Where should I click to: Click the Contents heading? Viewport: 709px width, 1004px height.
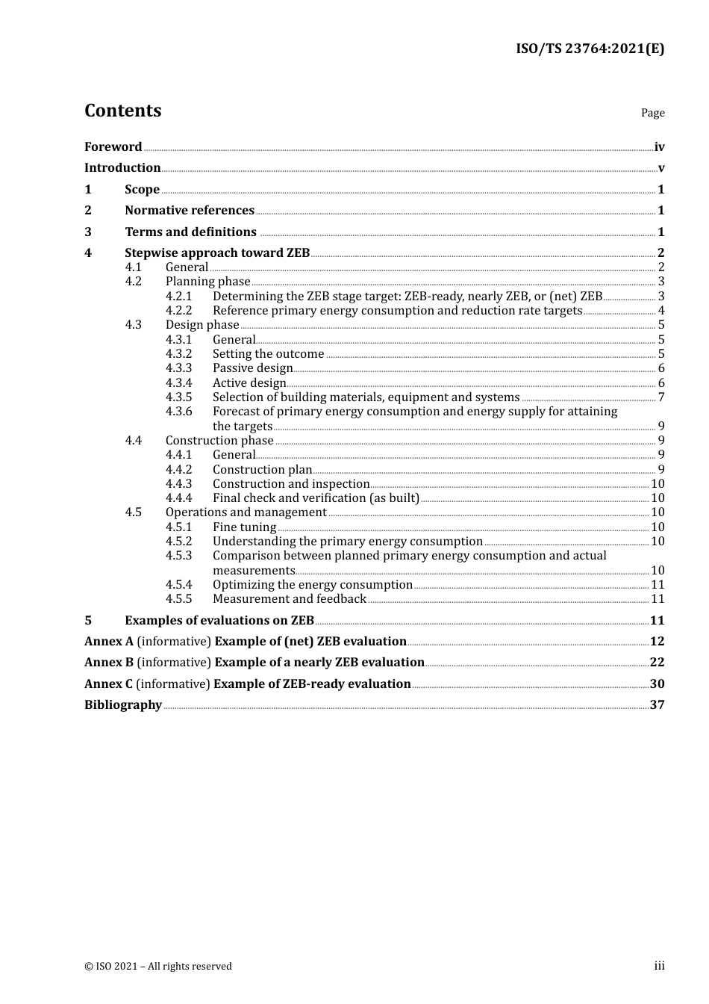(122, 111)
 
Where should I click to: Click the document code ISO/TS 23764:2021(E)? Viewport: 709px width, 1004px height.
(590, 49)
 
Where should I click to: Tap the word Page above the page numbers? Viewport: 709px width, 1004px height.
(652, 113)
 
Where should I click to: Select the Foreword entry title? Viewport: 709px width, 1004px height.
(113, 146)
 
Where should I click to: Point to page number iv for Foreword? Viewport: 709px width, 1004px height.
(659, 147)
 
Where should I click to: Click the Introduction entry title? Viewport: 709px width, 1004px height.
(122, 167)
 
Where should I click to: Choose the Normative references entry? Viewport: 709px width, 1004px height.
(190, 210)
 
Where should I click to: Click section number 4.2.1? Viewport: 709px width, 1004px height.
(178, 296)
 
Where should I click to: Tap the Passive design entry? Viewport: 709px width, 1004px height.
(252, 368)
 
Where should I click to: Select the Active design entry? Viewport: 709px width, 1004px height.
(249, 382)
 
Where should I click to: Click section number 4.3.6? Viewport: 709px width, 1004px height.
(178, 411)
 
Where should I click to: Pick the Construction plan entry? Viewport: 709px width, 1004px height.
(262, 469)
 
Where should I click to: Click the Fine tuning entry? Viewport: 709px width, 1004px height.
(244, 527)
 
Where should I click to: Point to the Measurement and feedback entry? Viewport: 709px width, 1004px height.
(290, 598)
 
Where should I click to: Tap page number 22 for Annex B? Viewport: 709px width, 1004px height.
(657, 662)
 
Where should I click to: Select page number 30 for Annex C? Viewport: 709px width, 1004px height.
(657, 684)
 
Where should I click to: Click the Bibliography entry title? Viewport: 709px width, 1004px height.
(123, 704)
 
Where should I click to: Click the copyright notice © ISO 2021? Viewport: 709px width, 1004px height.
(158, 966)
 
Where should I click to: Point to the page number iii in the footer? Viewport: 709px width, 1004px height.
(659, 965)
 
